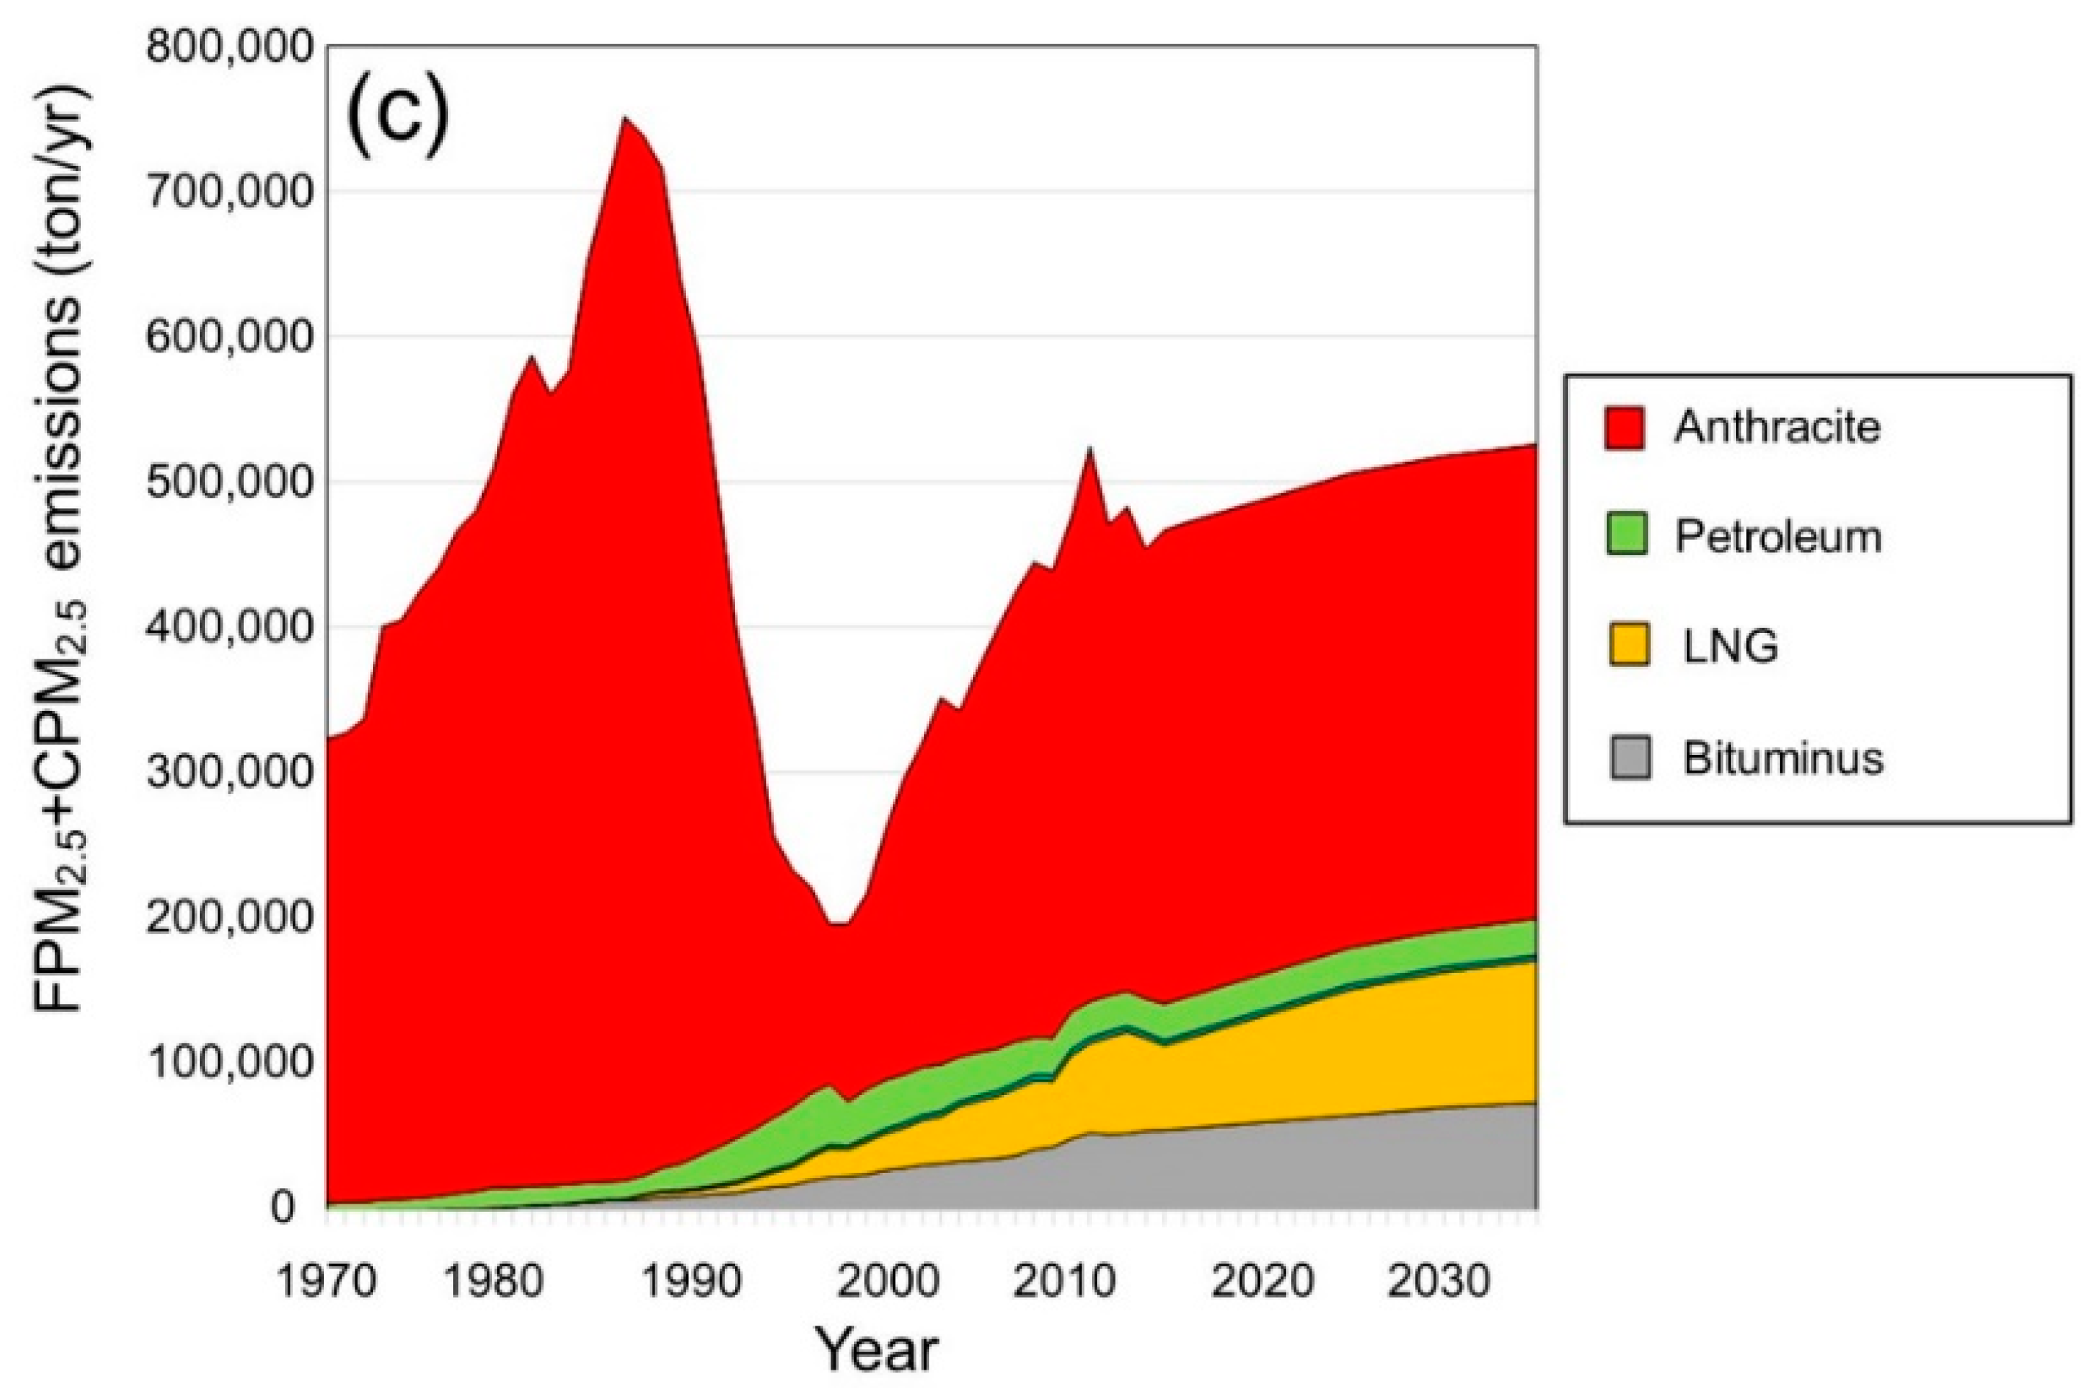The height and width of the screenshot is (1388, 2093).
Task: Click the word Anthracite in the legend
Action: [1777, 427]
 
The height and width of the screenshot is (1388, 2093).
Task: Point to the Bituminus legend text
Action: [1782, 759]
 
